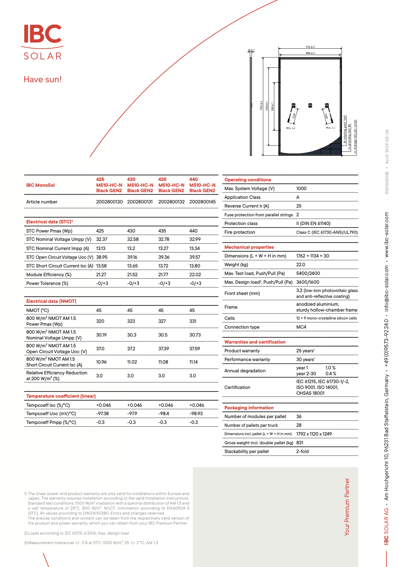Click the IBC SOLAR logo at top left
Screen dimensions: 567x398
pos(43,42)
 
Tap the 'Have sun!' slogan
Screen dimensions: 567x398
pos(43,79)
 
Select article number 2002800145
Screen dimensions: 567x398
pos(202,202)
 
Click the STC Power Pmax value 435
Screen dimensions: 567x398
pos(162,231)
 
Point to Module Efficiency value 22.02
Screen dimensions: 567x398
pos(195,275)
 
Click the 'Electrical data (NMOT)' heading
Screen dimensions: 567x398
pos(51,301)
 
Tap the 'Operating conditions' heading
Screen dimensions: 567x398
pos(248,180)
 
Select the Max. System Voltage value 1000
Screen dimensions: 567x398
pos(301,188)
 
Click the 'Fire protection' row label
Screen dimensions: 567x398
pos(240,232)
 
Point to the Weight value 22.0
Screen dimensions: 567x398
pos(300,265)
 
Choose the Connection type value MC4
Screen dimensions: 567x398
pos(301,327)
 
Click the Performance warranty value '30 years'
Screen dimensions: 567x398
pos(305,359)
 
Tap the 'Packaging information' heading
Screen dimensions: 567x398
pos(249,408)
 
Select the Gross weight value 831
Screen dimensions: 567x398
pos(300,443)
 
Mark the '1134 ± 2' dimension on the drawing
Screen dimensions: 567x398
pos(310,47)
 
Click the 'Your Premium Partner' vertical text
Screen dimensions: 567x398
pos(347,506)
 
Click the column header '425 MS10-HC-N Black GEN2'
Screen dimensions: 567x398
pos(109,185)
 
